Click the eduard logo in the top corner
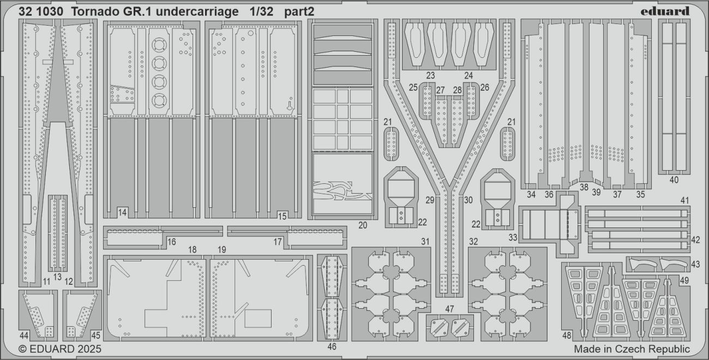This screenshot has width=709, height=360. coord(665,11)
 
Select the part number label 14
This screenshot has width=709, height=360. coord(122,212)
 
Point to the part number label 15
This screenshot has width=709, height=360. coord(282,216)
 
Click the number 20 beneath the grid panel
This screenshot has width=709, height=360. coord(363,225)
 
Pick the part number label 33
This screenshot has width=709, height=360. coord(513,237)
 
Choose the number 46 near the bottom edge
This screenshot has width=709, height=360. coord(332,347)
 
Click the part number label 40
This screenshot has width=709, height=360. coord(674,180)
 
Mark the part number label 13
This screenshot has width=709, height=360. coord(57,277)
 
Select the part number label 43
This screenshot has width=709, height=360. coord(695,264)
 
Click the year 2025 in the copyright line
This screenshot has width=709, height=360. coord(88,349)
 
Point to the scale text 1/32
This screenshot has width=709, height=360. coord(261,11)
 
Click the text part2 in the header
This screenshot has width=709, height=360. coord(299,12)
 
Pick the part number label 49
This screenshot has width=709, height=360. coord(684,280)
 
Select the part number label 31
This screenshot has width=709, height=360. coord(425,242)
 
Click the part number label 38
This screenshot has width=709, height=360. coord(584,187)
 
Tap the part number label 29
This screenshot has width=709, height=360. coord(430,200)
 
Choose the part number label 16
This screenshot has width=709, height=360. coord(171,242)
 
